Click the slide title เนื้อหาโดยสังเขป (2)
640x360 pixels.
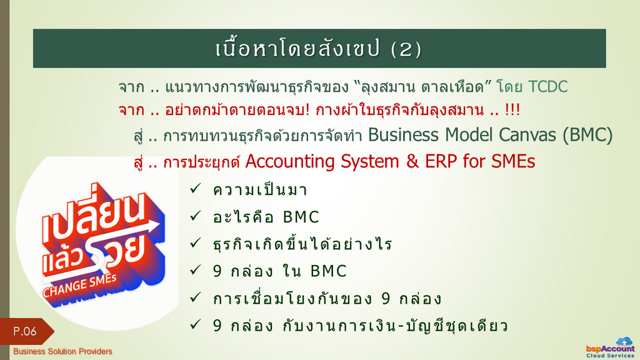318,49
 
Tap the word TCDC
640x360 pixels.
547,87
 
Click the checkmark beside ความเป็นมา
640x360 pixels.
196,188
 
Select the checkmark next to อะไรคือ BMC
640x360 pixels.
196,216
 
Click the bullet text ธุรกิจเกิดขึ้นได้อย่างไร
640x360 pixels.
302,244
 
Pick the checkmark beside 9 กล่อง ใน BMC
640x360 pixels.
196,270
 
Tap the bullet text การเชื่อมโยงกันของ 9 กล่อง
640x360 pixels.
327,298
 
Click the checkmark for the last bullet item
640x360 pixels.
196,324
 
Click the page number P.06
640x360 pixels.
25,331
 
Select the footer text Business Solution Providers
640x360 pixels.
62,351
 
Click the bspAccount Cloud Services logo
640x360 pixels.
611,348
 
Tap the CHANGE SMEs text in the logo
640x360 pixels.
79,286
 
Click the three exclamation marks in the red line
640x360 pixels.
512,110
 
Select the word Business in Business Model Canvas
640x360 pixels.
404,135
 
